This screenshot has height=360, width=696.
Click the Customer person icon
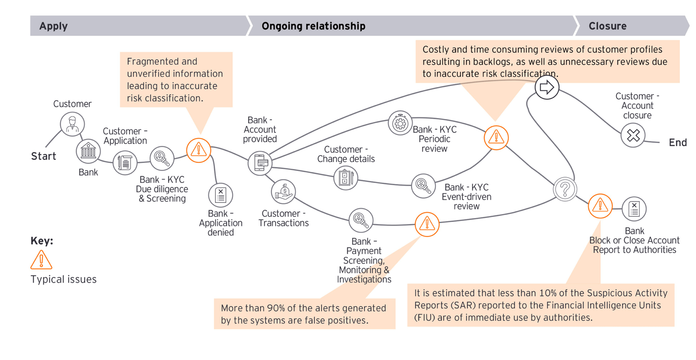pos(72,124)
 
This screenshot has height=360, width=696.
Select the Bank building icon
pos(88,151)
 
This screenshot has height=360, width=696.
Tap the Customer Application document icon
pos(125,162)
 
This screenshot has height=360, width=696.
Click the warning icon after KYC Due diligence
pos(198,150)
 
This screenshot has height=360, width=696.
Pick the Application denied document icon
pos(221,195)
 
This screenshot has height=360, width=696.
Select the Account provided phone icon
pos(260,163)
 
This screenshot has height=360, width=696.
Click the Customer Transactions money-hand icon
pos(283,192)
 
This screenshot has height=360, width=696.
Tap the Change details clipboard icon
pos(346,178)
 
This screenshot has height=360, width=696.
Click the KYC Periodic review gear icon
pos(400,123)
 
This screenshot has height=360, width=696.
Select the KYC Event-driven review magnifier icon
pos(423,186)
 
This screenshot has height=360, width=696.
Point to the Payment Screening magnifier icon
pos(361,220)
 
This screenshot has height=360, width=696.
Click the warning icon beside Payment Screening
pos(427,224)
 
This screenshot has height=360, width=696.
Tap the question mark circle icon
pos(565,189)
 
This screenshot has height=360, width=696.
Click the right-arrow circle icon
pos(547,87)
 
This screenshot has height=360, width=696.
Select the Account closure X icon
pos(633,135)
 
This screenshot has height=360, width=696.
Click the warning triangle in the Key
pos(41,260)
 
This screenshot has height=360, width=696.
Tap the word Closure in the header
pos(607,26)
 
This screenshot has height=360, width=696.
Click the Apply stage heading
pos(53,26)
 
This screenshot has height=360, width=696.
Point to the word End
pos(677,142)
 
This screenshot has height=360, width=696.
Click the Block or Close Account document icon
pos(634,209)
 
